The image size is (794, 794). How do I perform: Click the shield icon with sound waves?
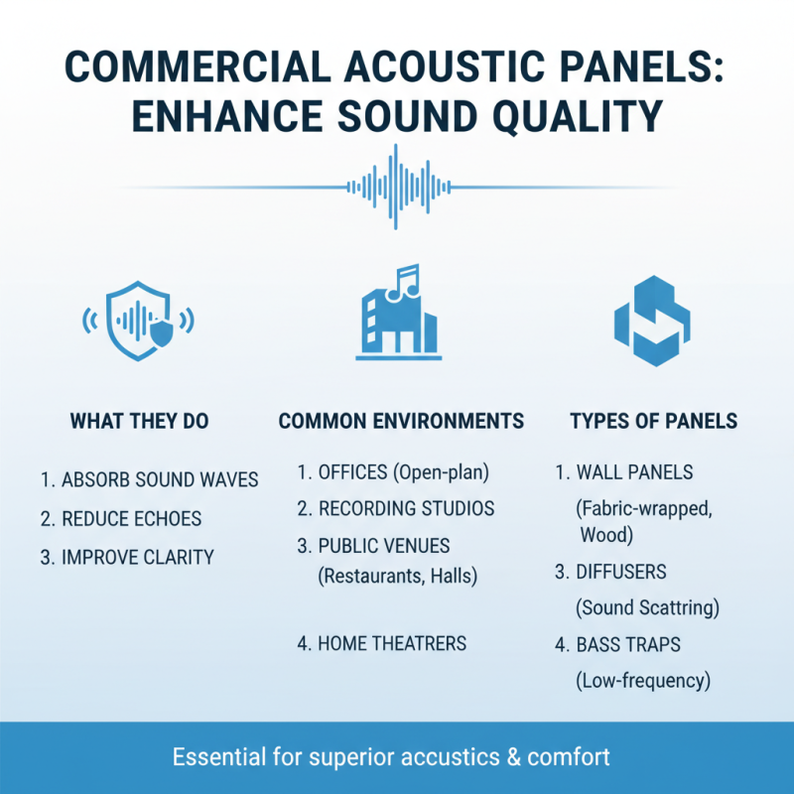[138, 319]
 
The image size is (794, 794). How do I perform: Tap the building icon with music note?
[397, 313]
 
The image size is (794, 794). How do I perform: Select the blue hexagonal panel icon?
[652, 321]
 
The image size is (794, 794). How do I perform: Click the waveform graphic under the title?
[397, 186]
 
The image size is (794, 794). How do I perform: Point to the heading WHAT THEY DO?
[139, 422]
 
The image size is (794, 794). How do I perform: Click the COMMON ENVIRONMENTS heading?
[401, 422]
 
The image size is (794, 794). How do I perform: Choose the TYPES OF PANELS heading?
[653, 422]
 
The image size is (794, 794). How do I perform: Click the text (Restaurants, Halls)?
[397, 576]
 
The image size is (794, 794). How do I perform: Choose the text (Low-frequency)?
[643, 681]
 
